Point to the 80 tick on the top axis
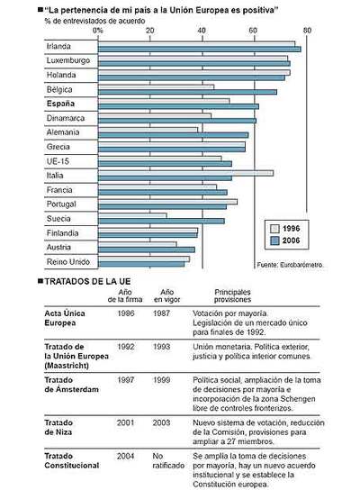pyautogui.click(x=308, y=31)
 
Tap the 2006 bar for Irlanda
pyautogui.click(x=198, y=49)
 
